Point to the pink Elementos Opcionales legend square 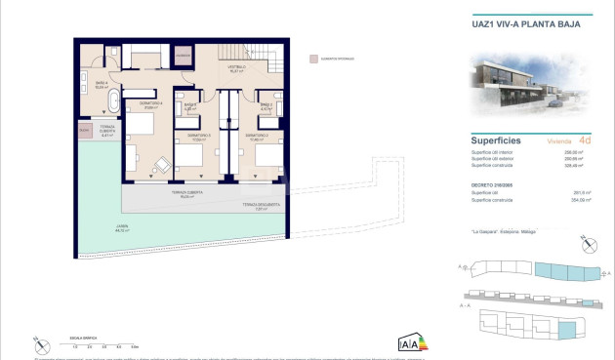coord(312,58)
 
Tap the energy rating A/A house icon coord(410,342)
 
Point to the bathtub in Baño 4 coord(110,100)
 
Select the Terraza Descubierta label coord(261,206)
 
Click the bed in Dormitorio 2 coord(261,156)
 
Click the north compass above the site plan coord(583,239)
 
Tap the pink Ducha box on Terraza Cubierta coord(85,129)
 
